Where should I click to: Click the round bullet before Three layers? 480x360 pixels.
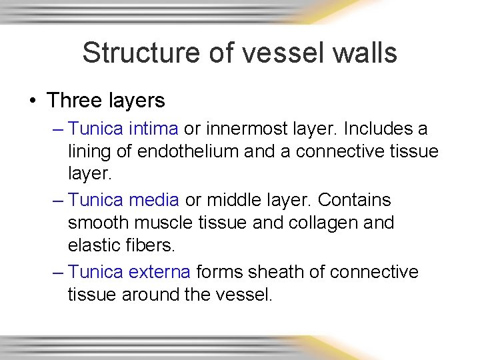click(x=33, y=101)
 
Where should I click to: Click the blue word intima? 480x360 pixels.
click(x=154, y=128)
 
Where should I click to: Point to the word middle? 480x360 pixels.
click(x=233, y=200)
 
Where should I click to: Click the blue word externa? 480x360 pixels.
click(x=160, y=272)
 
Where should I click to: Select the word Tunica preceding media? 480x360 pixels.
click(x=96, y=200)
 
